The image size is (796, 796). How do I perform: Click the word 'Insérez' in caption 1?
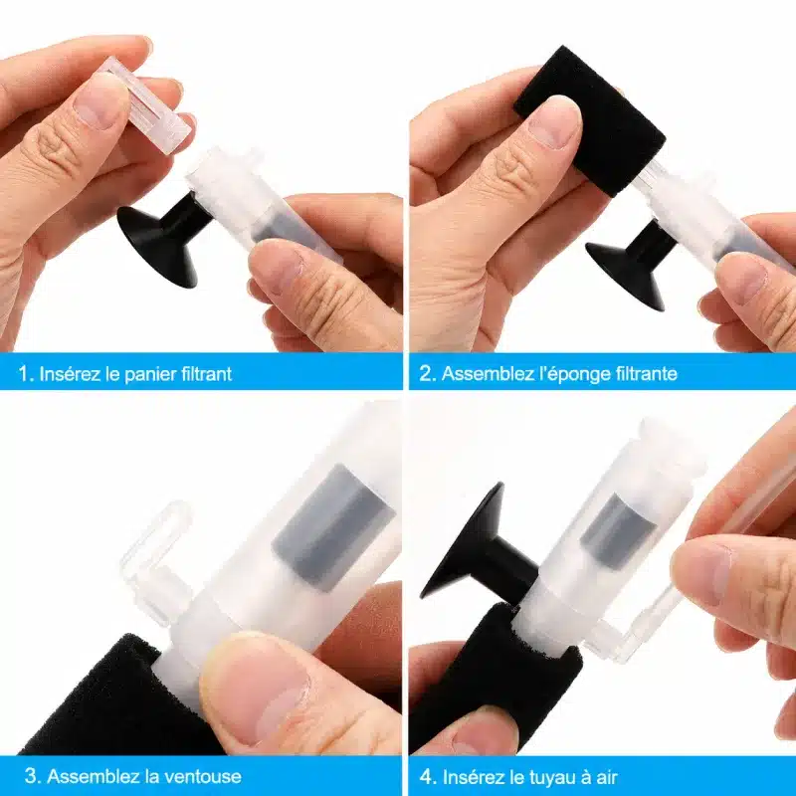(x=69, y=374)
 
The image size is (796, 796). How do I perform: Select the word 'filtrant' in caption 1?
(x=207, y=374)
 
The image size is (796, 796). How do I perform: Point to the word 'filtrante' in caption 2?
(x=647, y=374)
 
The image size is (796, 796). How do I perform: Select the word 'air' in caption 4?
(x=606, y=777)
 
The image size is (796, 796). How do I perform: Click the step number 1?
(x=25, y=374)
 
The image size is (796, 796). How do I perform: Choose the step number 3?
(x=32, y=776)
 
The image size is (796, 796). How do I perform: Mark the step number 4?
(x=427, y=777)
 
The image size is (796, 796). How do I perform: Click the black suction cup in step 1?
(x=163, y=238)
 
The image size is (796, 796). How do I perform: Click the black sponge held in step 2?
(x=590, y=120)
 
